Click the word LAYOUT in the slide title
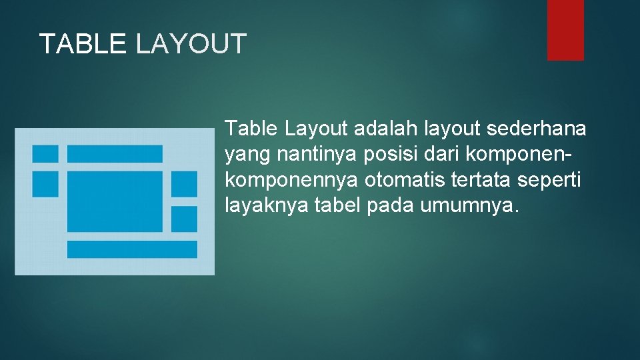coord(191,44)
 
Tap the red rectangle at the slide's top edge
coord(565,30)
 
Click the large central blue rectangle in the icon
coord(115,201)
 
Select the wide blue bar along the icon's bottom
coord(132,249)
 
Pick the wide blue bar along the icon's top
coord(115,153)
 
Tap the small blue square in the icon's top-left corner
coord(45,153)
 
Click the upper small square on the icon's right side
coord(184,184)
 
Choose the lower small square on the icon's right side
coord(184,219)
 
